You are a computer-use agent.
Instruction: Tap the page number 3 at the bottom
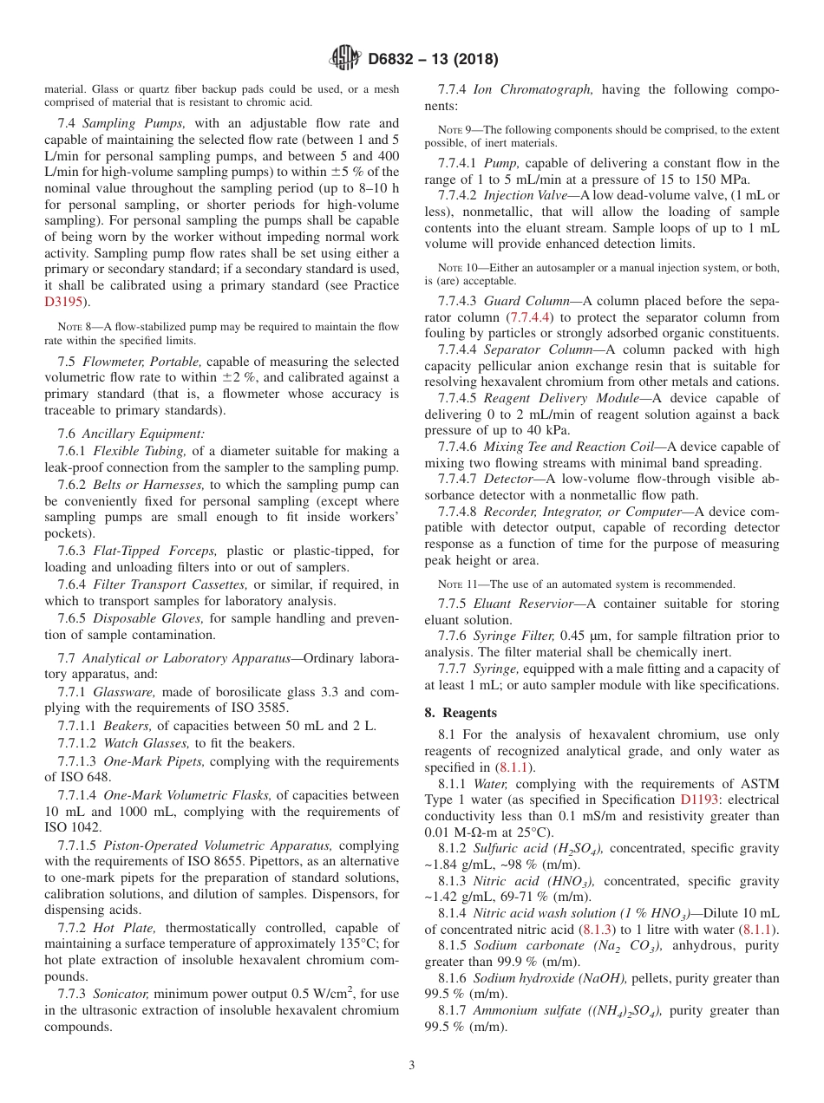(x=412, y=1065)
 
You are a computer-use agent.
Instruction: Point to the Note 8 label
(x=74, y=327)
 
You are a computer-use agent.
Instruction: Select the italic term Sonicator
(x=122, y=993)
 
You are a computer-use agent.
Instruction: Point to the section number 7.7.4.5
(x=458, y=398)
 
